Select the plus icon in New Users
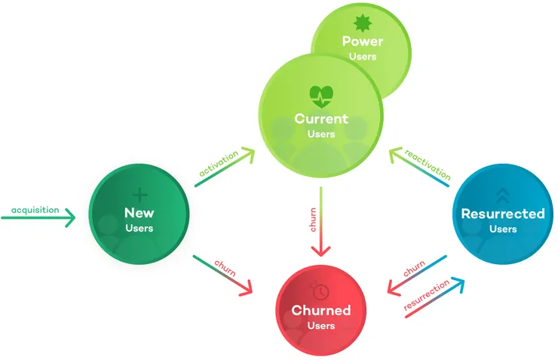(x=139, y=195)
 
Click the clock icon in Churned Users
(x=320, y=290)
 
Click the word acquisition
(x=35, y=210)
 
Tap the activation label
(x=219, y=164)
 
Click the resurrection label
(x=426, y=294)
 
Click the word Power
(x=362, y=42)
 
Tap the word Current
(x=321, y=119)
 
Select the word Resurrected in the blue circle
(x=503, y=214)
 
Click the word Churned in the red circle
(x=321, y=310)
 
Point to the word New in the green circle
(x=139, y=213)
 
